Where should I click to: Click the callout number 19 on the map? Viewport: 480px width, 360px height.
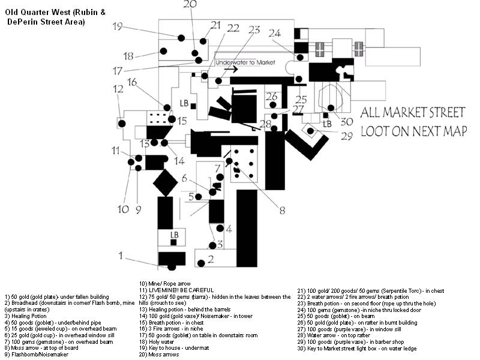click(x=117, y=26)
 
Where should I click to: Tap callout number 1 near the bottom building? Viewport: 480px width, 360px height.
click(x=121, y=256)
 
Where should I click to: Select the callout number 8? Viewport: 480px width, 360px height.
click(x=282, y=210)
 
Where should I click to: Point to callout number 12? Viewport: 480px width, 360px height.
click(x=118, y=89)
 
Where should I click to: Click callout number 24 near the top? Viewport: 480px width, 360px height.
click(x=275, y=34)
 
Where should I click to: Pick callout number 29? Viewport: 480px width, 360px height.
click(x=346, y=136)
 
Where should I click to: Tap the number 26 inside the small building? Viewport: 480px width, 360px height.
click(x=272, y=97)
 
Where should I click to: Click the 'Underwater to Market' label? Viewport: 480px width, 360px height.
click(x=245, y=62)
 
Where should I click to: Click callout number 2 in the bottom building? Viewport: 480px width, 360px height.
click(x=211, y=260)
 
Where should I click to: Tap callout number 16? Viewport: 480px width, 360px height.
click(x=132, y=82)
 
